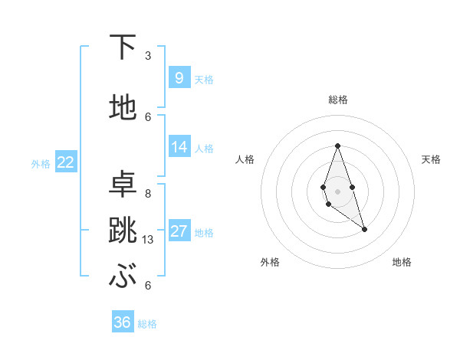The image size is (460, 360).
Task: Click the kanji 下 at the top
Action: pos(123,47)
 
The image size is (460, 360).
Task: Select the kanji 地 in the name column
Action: pos(123,107)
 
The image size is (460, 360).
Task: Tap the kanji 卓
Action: pos(123,183)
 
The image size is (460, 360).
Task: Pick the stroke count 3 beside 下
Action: pos(148,56)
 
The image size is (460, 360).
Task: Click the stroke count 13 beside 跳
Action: pos(149,240)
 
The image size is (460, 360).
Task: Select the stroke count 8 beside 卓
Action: pos(148,193)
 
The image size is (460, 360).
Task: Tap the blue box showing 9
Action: pos(179,77)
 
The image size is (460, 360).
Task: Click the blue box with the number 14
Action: pos(179,147)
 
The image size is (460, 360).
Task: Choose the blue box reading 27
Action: pos(179,231)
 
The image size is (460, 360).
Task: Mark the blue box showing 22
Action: pos(65,162)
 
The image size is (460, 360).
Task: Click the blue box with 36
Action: pos(122,322)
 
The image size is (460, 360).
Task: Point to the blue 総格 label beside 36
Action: pos(147,324)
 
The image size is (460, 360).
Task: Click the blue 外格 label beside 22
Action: pos(41,163)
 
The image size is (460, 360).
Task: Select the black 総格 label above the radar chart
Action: pos(337,100)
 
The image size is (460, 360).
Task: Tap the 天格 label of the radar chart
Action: pos(431,159)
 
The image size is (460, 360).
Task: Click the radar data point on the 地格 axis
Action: pos(364,229)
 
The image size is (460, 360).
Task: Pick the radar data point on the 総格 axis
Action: pos(337,146)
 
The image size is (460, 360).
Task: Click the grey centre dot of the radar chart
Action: pos(337,190)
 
